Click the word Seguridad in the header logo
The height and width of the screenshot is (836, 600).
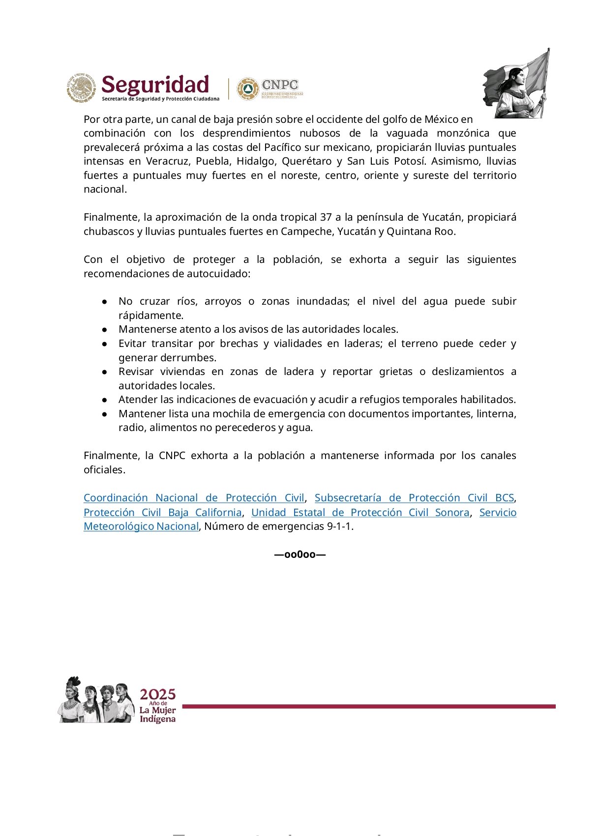[155, 85]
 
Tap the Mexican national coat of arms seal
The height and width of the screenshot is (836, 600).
[81, 88]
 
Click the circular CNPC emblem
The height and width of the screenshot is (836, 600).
[248, 89]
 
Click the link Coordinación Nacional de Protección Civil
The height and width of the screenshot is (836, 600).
[194, 498]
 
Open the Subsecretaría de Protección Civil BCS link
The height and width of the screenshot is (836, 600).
[414, 498]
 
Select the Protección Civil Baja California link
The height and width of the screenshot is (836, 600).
[162, 513]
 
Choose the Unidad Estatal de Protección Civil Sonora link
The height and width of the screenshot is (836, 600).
[360, 513]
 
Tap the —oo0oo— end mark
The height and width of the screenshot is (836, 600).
[300, 555]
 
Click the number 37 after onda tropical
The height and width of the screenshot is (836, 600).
[325, 217]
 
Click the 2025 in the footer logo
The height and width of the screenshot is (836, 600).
[157, 694]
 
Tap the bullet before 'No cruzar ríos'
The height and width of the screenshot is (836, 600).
[105, 301]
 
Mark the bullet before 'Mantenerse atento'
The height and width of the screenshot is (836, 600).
[105, 329]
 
